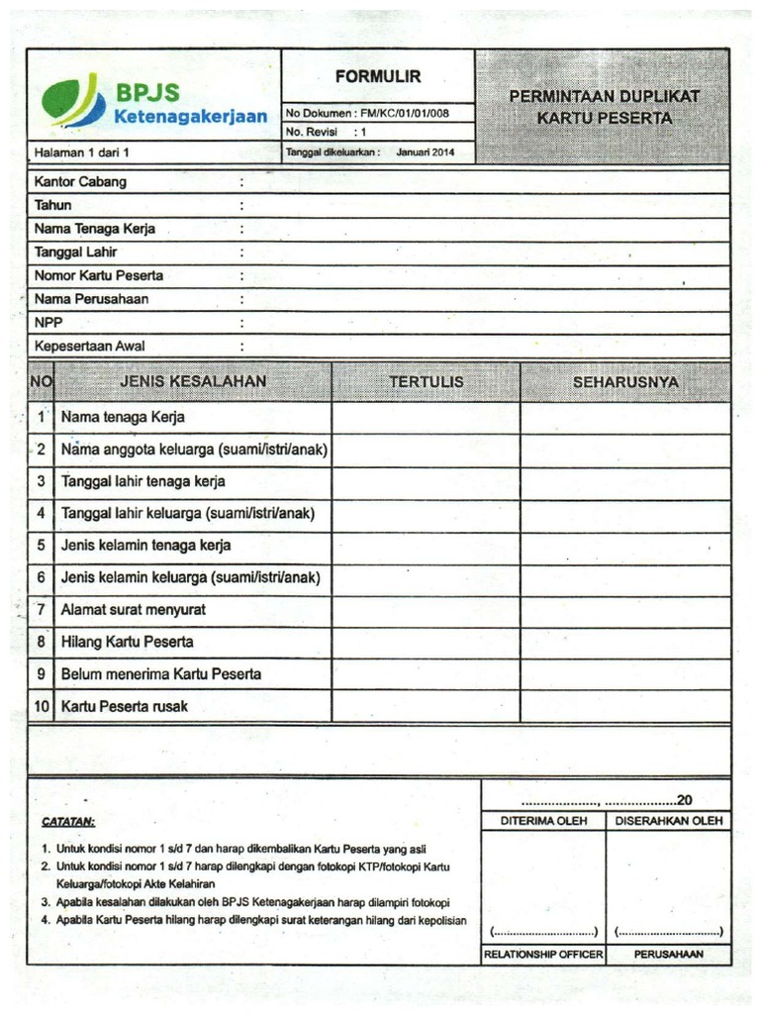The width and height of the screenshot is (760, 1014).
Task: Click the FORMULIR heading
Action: (378, 76)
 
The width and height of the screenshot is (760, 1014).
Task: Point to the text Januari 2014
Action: (426, 152)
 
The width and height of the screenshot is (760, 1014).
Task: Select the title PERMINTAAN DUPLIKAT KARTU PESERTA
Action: (604, 107)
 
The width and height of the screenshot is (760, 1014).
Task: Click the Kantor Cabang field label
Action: (80, 182)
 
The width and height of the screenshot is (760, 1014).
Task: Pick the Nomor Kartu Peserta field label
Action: (99, 275)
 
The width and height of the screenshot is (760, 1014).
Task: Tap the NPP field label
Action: (48, 323)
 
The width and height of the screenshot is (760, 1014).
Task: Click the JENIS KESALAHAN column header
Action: (193, 381)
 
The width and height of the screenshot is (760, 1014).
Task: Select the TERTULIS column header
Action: (426, 381)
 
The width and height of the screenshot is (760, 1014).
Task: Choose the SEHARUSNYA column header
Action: (625, 381)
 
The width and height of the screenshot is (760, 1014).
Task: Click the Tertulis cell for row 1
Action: (426, 418)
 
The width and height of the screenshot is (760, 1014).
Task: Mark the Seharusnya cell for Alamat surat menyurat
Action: (625, 610)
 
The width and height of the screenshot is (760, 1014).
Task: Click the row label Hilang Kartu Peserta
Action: (127, 642)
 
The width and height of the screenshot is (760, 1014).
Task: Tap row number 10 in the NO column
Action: (42, 706)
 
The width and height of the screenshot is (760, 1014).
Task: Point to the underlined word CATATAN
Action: (68, 822)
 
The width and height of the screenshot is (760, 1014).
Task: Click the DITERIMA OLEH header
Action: (543, 821)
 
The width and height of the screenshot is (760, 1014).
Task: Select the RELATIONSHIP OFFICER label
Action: (543, 955)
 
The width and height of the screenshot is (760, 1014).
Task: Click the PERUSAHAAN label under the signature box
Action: (668, 955)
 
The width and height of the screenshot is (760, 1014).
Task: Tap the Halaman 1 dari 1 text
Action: (82, 153)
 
